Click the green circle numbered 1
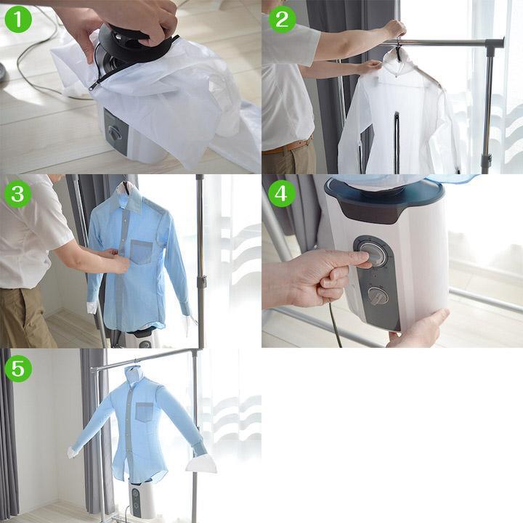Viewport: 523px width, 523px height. pyautogui.click(x=18, y=19)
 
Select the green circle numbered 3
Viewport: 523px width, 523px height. pyautogui.click(x=18, y=194)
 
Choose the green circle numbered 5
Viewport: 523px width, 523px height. pyautogui.click(x=18, y=368)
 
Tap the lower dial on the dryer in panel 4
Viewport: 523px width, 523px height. pyautogui.click(x=376, y=295)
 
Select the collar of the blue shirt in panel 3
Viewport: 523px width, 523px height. pyautogui.click(x=131, y=197)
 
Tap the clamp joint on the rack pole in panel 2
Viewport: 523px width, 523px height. pyautogui.click(x=485, y=159)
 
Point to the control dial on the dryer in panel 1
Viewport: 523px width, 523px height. pyautogui.click(x=114, y=132)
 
